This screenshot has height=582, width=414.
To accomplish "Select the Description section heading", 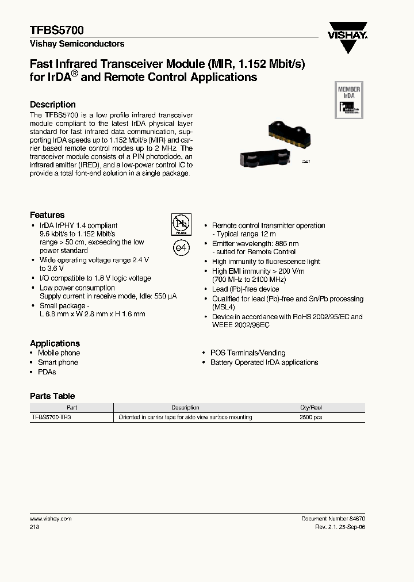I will click(53, 105).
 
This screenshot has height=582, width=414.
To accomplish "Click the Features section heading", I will click(47, 215).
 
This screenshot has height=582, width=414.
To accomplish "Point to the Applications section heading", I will click(55, 343).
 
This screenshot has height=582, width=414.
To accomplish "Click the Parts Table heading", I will click(52, 396).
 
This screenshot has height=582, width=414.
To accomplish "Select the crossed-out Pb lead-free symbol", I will click(181, 224).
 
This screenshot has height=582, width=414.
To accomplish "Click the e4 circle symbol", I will click(181, 247).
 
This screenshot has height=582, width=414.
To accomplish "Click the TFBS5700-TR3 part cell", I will click(51, 417).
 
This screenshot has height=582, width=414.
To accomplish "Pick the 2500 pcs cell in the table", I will click(311, 417).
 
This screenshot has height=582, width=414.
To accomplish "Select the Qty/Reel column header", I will click(311, 407).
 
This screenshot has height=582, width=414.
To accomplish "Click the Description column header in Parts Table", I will click(185, 407).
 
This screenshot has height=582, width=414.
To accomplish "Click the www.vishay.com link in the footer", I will click(50, 518).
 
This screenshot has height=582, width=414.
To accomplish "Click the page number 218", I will click(34, 527).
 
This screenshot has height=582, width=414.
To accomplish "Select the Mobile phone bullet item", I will click(59, 353).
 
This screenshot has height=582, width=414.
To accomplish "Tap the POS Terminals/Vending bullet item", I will click(248, 353).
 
